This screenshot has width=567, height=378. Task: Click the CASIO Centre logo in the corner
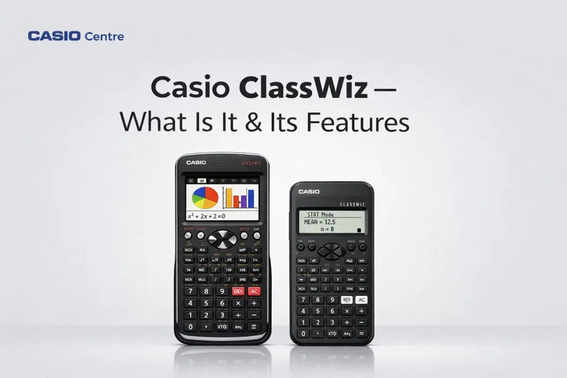76,36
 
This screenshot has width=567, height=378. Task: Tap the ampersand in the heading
281,123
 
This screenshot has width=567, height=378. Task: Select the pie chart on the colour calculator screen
205,198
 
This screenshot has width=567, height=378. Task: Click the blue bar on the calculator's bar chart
251,199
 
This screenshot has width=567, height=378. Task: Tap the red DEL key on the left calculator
238,291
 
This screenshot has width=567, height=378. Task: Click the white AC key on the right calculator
361,300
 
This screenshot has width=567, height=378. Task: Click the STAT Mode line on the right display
320,215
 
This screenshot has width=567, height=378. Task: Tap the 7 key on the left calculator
191,291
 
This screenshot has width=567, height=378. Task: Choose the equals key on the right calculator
362,333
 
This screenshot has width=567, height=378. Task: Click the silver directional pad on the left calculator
223,239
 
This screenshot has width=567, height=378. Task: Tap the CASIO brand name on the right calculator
309,192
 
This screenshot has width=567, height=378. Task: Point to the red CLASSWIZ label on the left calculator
252,163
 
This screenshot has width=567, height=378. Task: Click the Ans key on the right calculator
347,333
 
